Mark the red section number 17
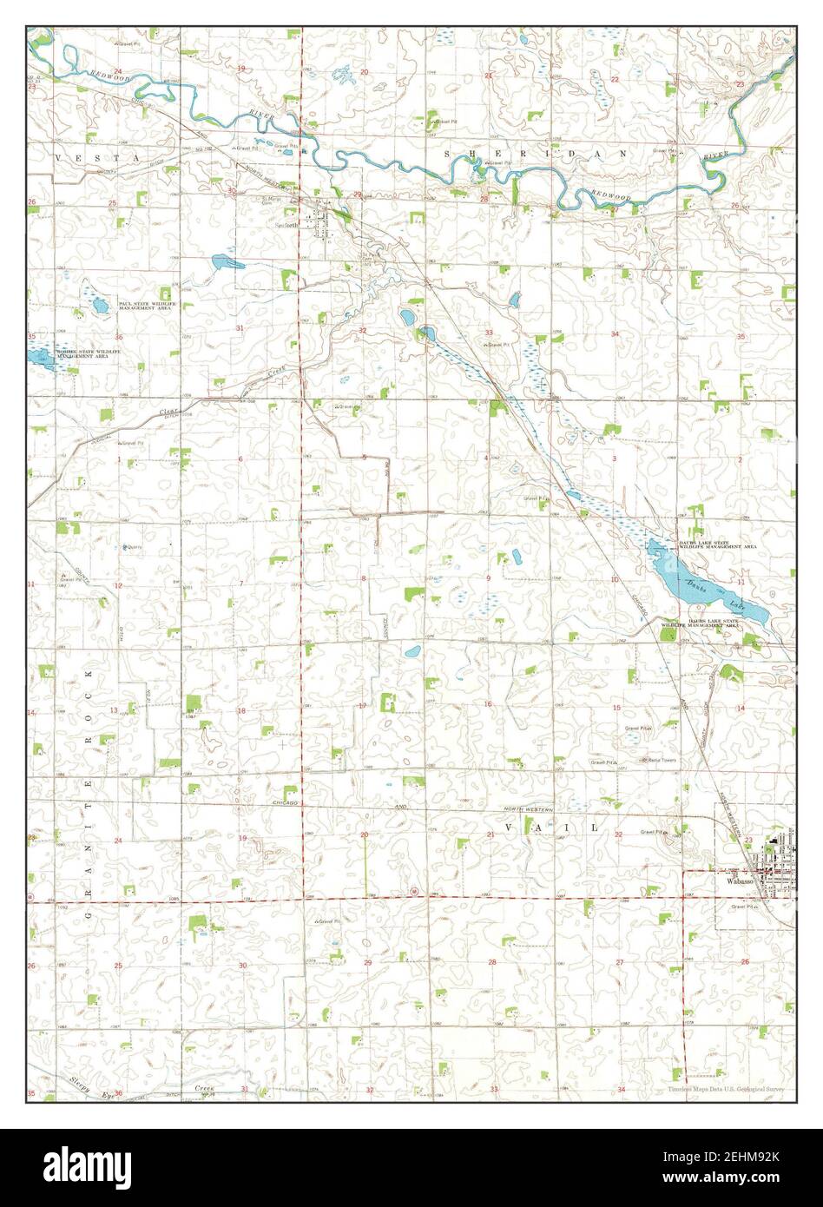tap(362, 705)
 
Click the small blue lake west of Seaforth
tap(224, 261)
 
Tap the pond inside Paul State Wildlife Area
tap(98, 306)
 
